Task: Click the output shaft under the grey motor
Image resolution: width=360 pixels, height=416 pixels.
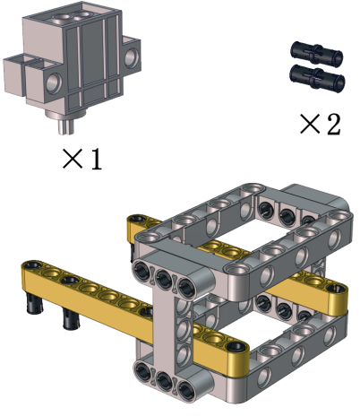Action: click(x=66, y=126)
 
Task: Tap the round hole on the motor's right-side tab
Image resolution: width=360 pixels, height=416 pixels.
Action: click(x=132, y=56)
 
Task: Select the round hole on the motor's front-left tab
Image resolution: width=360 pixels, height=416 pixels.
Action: click(x=54, y=82)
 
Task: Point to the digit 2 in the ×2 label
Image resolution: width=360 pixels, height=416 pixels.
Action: click(x=333, y=124)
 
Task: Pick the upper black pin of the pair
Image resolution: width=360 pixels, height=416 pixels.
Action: click(x=316, y=53)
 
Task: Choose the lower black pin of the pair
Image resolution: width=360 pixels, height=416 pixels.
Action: click(x=317, y=76)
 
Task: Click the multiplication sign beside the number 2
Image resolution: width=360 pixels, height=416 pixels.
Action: click(x=310, y=124)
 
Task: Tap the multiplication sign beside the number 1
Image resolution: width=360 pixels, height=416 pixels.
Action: click(x=73, y=159)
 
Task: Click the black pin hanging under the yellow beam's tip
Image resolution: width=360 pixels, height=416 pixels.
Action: click(x=34, y=303)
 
